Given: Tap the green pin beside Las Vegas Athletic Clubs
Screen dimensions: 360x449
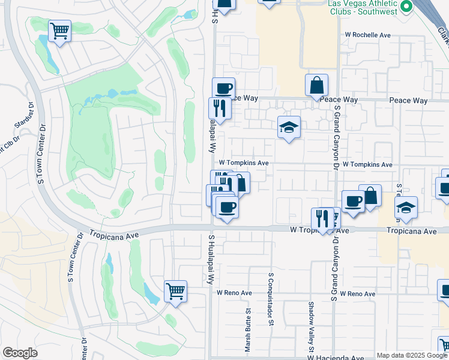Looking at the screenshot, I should [x=406, y=7].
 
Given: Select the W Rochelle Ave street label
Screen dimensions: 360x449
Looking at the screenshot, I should [x=367, y=35].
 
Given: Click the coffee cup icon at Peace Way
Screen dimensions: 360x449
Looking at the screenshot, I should [x=223, y=89].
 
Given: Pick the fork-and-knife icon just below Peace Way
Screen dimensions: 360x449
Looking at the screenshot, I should [x=220, y=109].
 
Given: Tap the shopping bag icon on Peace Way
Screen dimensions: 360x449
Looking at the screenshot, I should [x=316, y=86].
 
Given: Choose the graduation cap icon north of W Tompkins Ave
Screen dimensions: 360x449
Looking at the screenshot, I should [x=289, y=128].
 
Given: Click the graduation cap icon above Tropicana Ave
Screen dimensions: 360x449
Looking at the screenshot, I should [x=406, y=208].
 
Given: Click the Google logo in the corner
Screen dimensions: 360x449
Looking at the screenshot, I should [x=20, y=353].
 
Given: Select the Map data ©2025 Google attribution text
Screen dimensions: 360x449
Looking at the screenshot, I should [x=412, y=355].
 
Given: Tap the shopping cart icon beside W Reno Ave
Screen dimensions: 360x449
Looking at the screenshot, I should [x=175, y=292].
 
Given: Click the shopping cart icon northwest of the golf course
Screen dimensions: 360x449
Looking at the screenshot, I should [x=59, y=31].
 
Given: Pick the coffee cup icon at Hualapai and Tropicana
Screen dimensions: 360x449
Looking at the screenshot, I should [x=226, y=208].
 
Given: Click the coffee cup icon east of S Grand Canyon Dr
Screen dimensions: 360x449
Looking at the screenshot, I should [x=353, y=202].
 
